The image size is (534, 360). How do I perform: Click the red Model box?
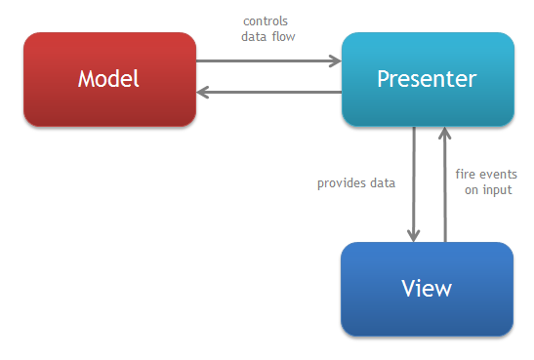point(109,79)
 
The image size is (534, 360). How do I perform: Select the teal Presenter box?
point(428,79)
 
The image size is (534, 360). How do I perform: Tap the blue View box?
point(428,289)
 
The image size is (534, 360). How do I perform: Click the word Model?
point(109,79)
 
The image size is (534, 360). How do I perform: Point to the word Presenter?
point(428,79)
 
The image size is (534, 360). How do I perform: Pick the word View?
point(428,289)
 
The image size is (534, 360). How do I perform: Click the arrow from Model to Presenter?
point(268,61)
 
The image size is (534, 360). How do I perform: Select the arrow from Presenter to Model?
point(268,93)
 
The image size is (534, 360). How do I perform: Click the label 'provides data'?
point(356,182)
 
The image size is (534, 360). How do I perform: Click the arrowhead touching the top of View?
point(415,235)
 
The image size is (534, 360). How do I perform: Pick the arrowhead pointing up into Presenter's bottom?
point(445,134)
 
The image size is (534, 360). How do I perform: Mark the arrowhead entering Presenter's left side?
point(335,61)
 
